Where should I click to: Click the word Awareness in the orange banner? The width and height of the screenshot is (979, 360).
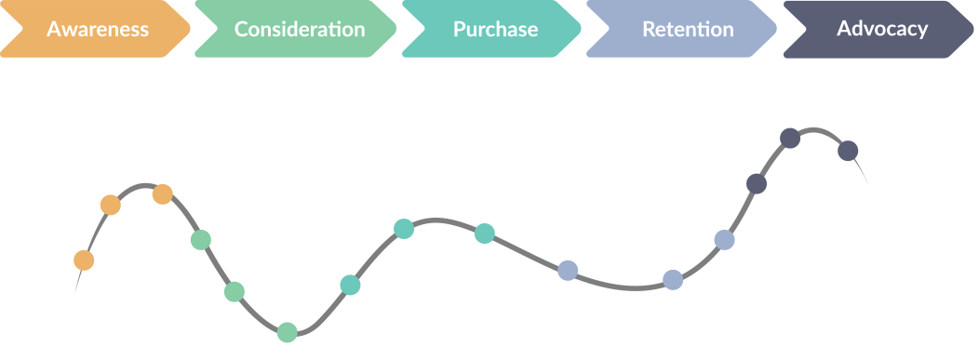pos(98,29)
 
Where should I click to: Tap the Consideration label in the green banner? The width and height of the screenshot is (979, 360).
pos(300,29)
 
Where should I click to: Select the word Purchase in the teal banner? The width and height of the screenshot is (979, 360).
pos(495,29)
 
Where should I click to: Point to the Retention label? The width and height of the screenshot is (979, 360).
pos(688,29)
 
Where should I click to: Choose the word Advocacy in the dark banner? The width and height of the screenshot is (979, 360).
pos(882,29)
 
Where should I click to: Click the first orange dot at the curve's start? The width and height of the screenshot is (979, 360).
pos(84,260)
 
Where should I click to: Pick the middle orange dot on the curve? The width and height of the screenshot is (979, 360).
pos(111,205)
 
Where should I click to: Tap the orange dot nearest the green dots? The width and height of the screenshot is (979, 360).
pos(162,194)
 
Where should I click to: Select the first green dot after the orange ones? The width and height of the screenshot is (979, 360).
pos(200,240)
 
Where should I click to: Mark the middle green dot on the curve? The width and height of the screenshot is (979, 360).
pos(235,291)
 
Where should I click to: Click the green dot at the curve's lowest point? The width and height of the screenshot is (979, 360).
pos(287,332)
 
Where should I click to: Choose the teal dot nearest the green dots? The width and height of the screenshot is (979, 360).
pos(350,286)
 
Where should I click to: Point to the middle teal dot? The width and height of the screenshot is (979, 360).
pos(404,229)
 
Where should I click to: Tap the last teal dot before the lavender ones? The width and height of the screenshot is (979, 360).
pos(485,233)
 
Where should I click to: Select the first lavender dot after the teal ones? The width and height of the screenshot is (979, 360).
pos(568,271)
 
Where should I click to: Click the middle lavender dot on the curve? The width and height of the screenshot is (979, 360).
pos(673,280)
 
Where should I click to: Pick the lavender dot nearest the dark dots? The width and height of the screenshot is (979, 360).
pos(724,240)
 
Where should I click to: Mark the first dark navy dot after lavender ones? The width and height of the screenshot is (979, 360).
pos(757,184)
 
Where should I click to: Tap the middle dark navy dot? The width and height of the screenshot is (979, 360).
pos(790,138)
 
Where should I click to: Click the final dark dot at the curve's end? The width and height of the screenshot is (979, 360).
pos(848,151)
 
